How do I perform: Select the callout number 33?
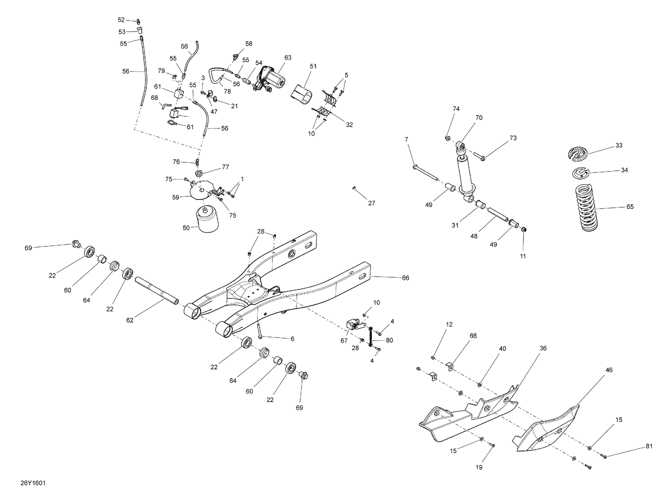pos(619,145)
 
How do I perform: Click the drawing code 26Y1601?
pos(33,471)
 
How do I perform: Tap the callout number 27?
pos(371,203)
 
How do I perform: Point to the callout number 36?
pos(543,348)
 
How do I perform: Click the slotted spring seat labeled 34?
pos(580,173)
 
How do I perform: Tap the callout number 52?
pos(121,20)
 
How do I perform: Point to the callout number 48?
pos(474,236)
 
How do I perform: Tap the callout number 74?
pos(456,109)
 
